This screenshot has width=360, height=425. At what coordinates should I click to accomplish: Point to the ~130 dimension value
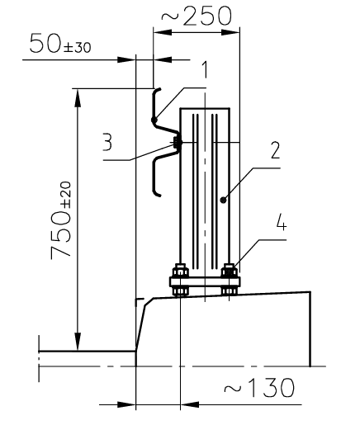coord(260,386)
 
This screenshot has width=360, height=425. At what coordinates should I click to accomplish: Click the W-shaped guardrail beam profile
coord(156,140)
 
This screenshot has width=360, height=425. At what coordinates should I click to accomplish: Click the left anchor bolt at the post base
coord(179,277)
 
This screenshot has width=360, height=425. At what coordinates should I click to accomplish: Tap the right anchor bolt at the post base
coord(229,277)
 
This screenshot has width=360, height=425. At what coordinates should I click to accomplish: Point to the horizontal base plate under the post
coord(204,282)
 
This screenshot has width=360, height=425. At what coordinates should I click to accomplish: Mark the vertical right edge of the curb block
coord(310,330)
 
